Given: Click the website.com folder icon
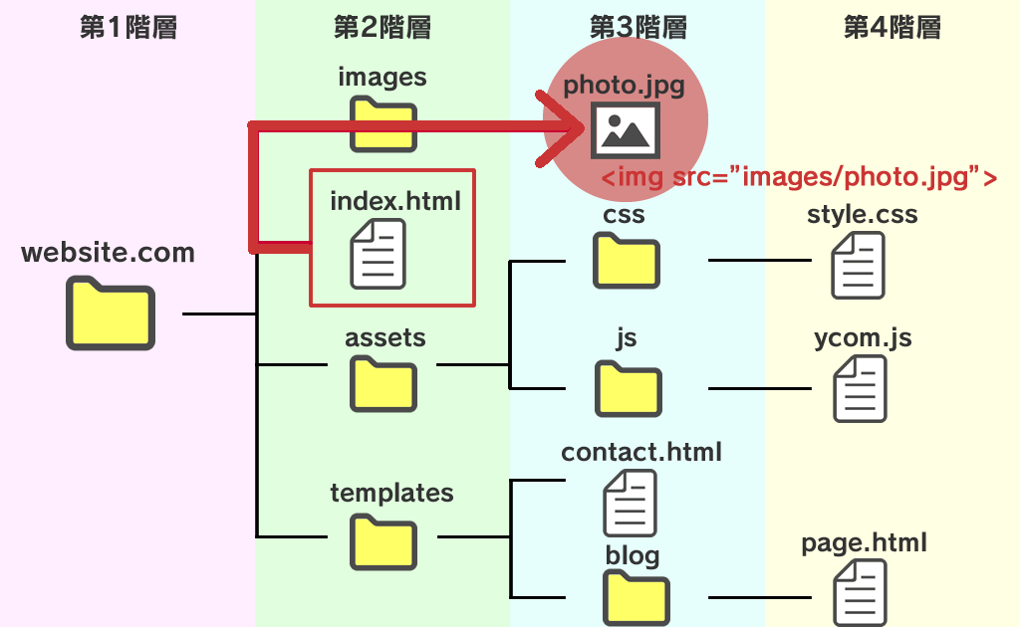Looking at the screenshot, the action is [110, 313].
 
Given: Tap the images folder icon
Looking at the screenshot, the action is [383, 124].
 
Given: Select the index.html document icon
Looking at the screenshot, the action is [378, 254].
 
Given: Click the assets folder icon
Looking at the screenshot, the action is [383, 384].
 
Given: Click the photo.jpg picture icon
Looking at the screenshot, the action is [626, 130].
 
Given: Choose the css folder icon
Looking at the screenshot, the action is [627, 261].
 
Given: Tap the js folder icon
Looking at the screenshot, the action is [629, 390].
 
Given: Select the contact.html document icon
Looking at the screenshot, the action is [630, 503].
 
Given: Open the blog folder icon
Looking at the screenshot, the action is [637, 598].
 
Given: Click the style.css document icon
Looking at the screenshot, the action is [858, 265].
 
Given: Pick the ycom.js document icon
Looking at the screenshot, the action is [860, 388].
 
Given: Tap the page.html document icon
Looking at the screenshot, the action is [860, 593].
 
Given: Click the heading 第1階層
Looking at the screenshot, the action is [128, 27].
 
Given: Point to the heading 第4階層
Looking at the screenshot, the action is [892, 27].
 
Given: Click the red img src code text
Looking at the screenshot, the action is [799, 177].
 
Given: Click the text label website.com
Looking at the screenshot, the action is [108, 252].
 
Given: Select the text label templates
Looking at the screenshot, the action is [391, 493].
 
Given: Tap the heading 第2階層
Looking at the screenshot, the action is [382, 27].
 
